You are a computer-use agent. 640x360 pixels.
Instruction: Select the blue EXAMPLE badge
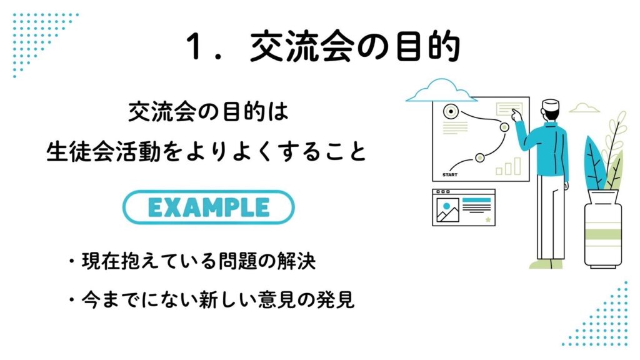point(209,207)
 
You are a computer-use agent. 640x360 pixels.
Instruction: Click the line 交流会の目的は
point(209,111)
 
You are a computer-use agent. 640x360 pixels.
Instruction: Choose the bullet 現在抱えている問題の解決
point(192,261)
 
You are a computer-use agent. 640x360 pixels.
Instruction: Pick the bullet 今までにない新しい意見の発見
point(211,300)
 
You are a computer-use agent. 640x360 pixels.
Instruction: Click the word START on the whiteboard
point(450,175)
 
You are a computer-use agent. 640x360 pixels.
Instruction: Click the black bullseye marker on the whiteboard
point(451,111)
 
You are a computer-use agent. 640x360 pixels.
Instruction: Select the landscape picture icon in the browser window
point(447,210)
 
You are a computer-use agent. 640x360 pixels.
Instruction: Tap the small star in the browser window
point(487,220)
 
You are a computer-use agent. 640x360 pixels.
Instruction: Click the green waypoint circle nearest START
point(480,157)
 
